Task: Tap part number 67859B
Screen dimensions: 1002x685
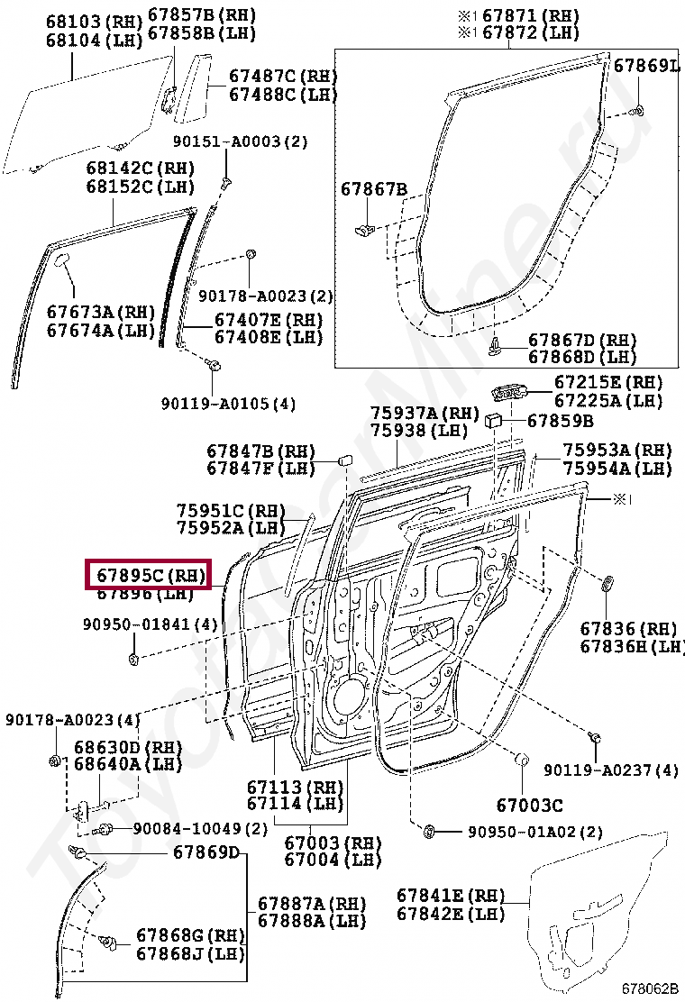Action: click(560, 421)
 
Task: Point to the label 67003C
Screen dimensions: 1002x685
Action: click(529, 805)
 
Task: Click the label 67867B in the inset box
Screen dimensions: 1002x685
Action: click(374, 189)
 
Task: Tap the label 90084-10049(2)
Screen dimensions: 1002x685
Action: click(200, 829)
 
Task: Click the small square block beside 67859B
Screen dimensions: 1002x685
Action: click(495, 419)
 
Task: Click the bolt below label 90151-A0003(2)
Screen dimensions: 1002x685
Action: click(225, 181)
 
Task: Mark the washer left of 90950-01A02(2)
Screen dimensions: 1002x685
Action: click(429, 830)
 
